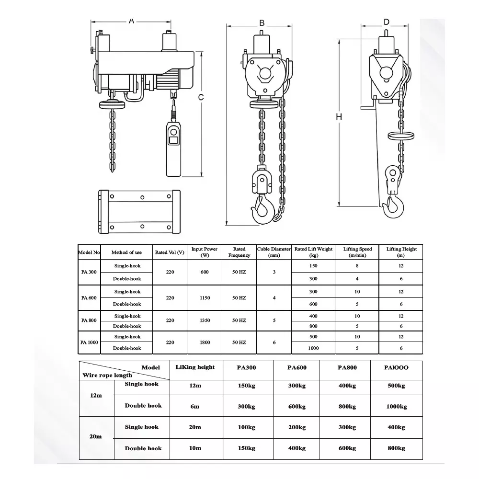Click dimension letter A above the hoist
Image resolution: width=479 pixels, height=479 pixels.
tap(131, 21)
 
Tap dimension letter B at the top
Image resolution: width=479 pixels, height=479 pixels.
tap(262, 23)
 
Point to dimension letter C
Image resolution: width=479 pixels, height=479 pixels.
tap(201, 97)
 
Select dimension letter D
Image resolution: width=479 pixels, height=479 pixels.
tap(387, 22)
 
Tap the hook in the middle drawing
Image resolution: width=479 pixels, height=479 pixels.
tap(262, 207)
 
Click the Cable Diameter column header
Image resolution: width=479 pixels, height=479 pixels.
tap(274, 252)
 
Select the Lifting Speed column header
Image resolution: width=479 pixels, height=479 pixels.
tap(357, 252)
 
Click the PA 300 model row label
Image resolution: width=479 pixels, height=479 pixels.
tap(89, 272)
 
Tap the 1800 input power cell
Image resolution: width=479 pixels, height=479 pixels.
tap(205, 342)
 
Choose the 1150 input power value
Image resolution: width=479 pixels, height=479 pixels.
tap(205, 298)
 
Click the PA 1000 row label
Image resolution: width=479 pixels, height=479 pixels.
tap(89, 342)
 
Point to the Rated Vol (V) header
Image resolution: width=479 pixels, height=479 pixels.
tap(170, 252)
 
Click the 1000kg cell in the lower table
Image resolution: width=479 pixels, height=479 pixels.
tap(396, 407)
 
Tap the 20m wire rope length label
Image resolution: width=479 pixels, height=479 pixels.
tap(96, 436)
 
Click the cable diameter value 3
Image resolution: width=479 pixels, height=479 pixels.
tap(274, 272)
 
